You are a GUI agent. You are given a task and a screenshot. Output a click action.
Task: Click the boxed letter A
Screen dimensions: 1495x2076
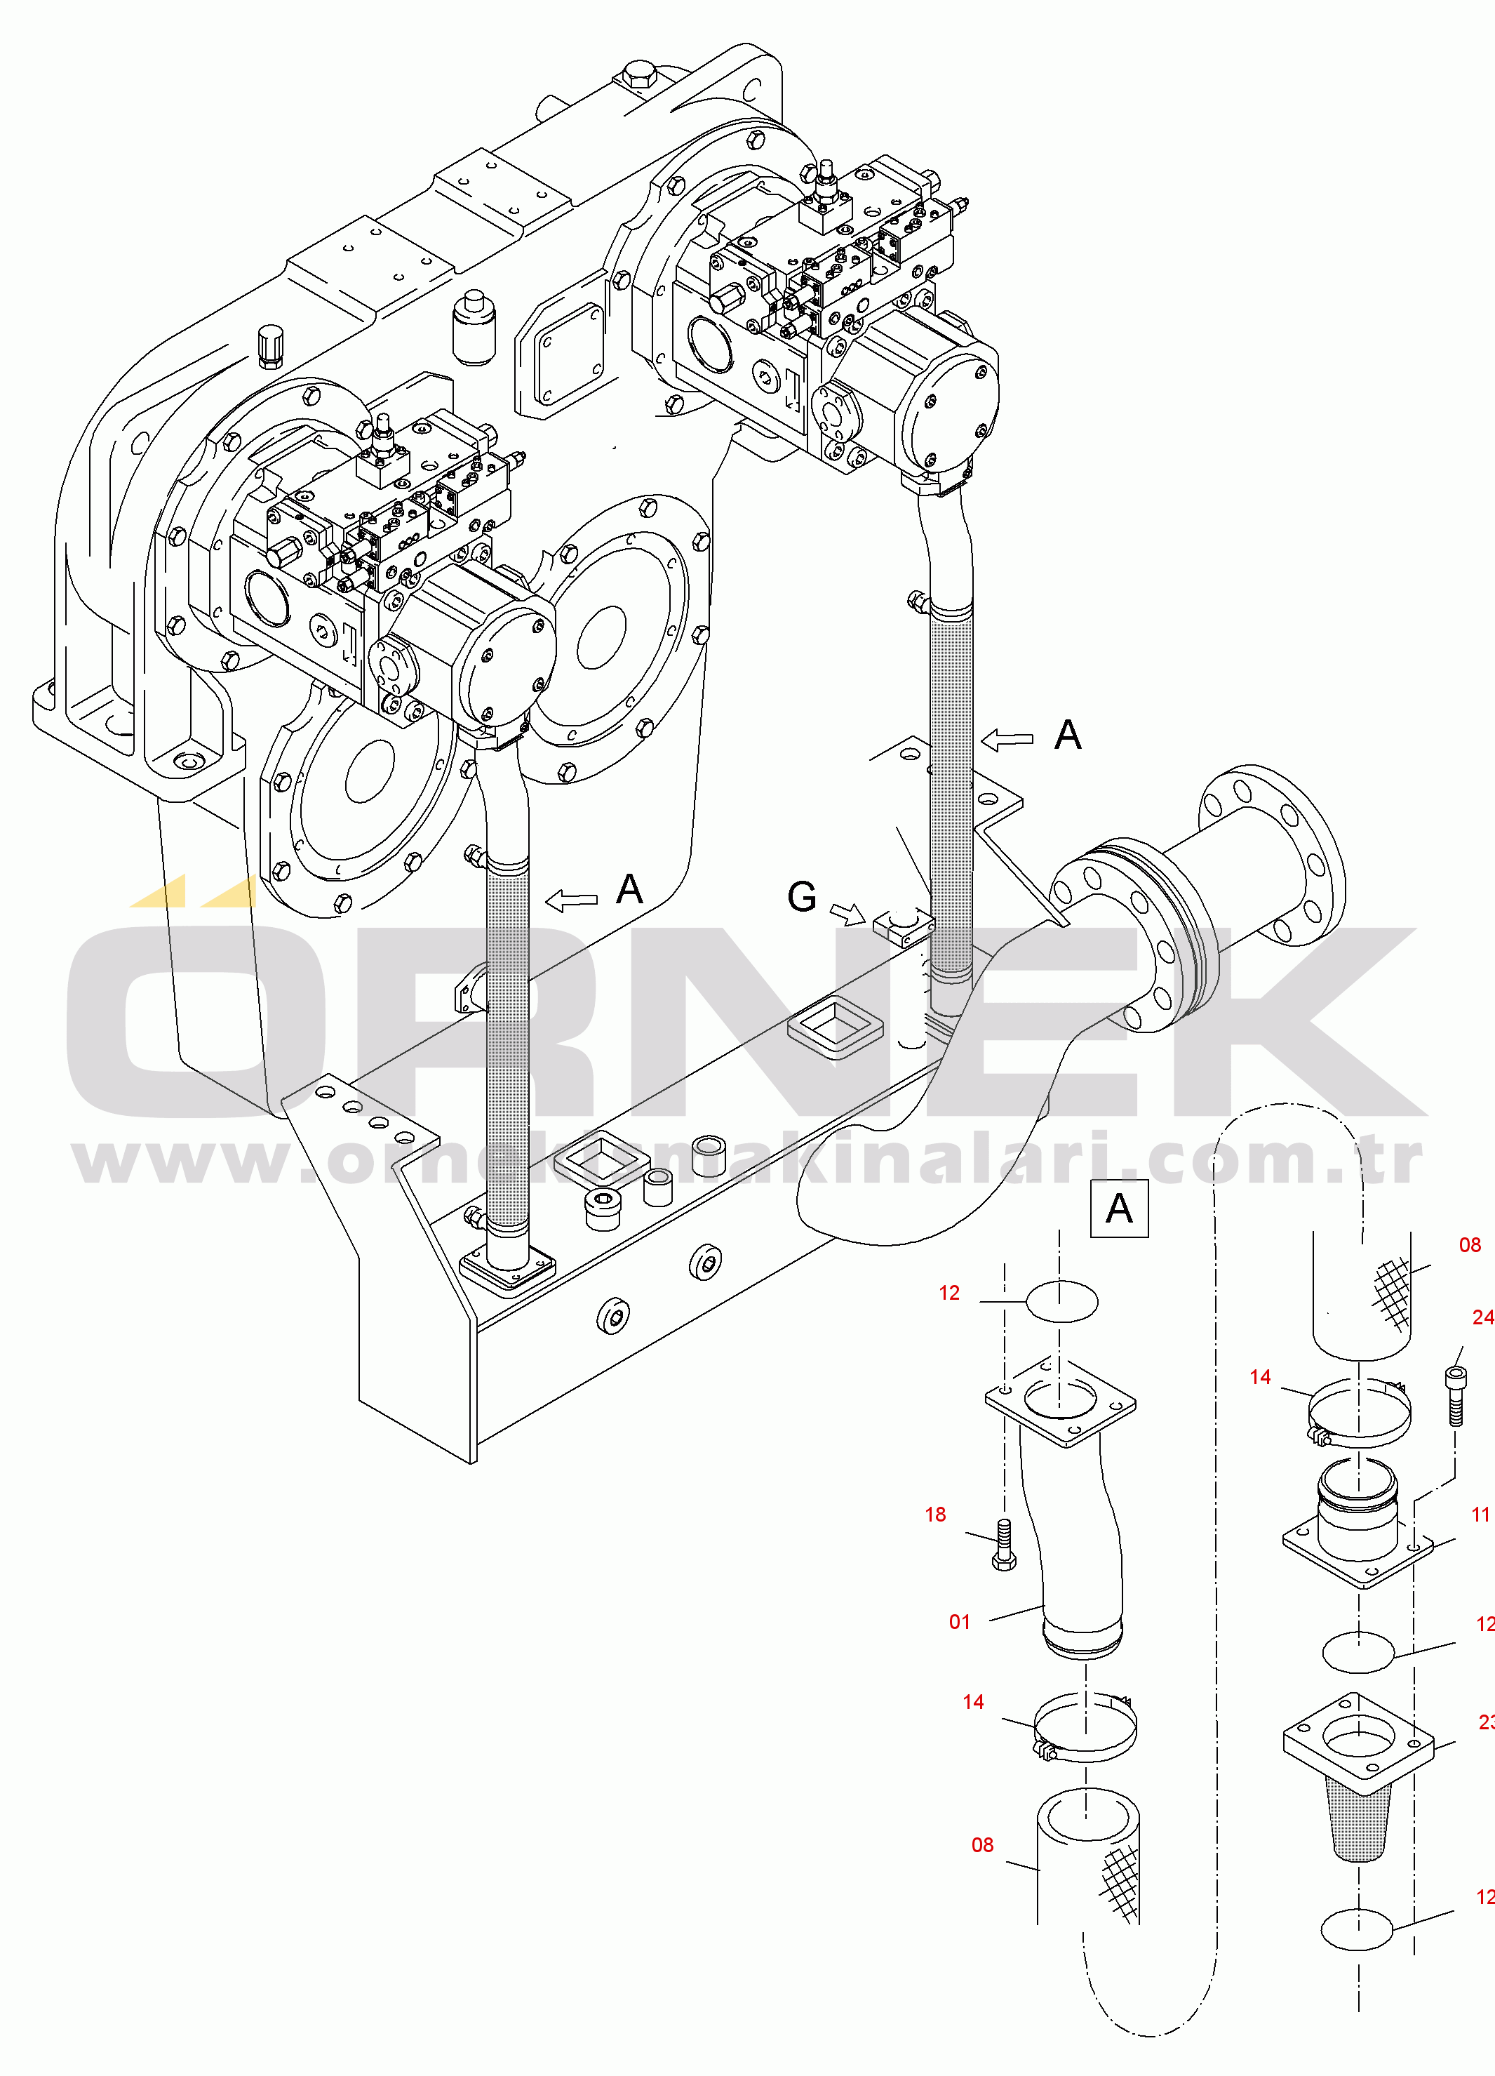click(1119, 1209)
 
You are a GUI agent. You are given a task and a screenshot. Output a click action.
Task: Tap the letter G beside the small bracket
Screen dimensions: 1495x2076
click(801, 897)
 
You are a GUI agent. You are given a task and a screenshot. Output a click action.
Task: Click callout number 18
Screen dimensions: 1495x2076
click(935, 1514)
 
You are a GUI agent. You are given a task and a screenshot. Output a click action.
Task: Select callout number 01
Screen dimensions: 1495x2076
click(959, 1622)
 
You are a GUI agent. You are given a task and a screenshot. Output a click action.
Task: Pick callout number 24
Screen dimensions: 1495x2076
click(1483, 1317)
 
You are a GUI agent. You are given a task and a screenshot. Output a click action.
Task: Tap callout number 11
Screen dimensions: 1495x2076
click(1480, 1514)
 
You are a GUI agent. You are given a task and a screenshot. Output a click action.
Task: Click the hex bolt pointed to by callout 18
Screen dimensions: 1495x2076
click(1004, 1546)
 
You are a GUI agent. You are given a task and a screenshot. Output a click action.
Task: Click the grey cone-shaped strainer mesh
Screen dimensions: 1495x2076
click(1360, 1821)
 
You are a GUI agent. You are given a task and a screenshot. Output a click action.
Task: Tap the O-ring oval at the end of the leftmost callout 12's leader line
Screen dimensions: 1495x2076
click(1061, 1302)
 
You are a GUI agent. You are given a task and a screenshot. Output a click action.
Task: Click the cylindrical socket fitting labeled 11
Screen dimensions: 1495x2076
click(1357, 1510)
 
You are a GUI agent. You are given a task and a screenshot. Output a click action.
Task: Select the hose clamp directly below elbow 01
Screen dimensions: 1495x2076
click(1086, 1728)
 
